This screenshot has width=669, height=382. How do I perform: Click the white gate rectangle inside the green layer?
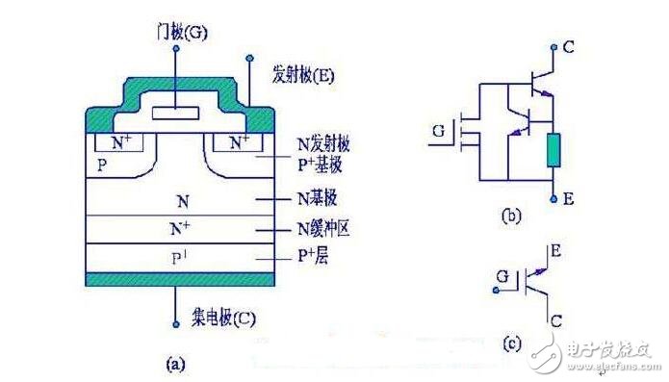click(177, 113)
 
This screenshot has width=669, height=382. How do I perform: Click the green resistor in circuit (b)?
click(553, 152)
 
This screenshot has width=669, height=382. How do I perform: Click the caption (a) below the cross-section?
click(175, 364)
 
